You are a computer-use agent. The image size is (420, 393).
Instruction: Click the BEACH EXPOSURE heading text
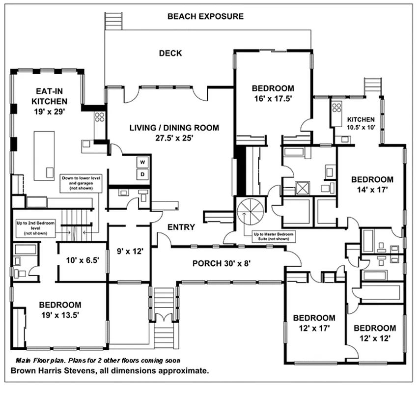click(x=205, y=16)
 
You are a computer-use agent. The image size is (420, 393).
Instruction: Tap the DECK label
click(x=170, y=53)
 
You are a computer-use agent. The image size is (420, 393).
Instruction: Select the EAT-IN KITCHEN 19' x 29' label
click(x=49, y=101)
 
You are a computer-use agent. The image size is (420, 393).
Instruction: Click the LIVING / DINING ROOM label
click(x=174, y=133)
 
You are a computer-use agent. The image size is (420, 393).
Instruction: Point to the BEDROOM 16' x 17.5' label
click(x=273, y=93)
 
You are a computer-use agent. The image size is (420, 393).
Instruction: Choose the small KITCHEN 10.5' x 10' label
click(x=361, y=123)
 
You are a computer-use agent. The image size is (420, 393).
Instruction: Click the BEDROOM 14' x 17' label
click(x=372, y=185)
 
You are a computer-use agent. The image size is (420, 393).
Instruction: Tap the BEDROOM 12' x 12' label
click(x=375, y=333)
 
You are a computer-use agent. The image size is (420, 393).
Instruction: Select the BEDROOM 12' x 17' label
click(x=314, y=323)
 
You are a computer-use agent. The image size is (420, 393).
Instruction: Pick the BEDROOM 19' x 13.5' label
click(x=60, y=309)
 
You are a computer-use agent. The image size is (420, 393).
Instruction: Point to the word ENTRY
click(x=181, y=227)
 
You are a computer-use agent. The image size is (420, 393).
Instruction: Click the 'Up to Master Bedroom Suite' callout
click(x=274, y=237)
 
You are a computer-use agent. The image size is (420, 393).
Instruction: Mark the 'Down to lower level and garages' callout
click(x=81, y=181)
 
